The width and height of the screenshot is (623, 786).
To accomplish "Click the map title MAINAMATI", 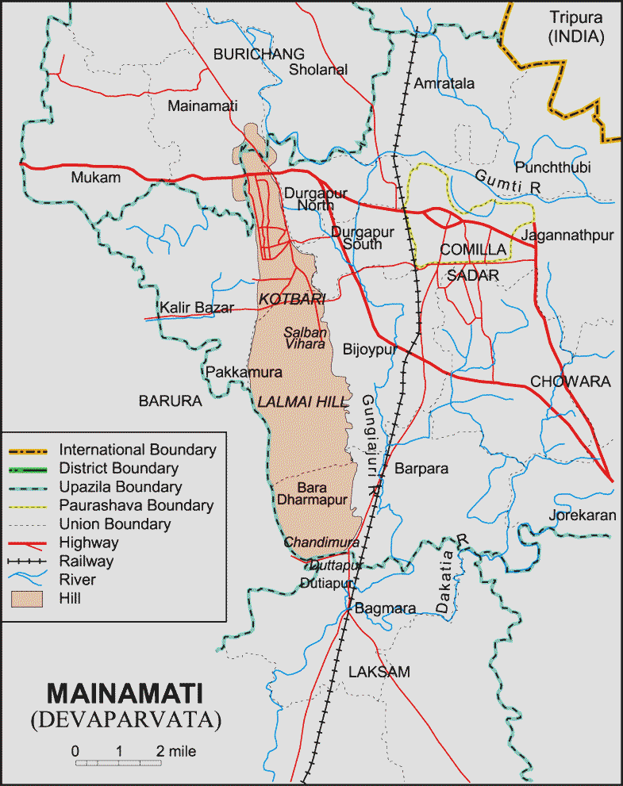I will (x=125, y=692).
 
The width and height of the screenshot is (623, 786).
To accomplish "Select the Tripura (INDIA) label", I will (x=576, y=26).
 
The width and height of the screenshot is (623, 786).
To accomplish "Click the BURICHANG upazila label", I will (x=259, y=54).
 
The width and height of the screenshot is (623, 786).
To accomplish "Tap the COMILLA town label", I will (x=473, y=250).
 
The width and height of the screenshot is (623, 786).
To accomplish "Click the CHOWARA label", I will (x=571, y=381).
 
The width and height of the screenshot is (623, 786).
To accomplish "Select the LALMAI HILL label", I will (x=303, y=402).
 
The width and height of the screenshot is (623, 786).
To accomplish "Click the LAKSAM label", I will (x=379, y=672).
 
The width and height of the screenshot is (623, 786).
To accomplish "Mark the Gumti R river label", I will (x=508, y=180).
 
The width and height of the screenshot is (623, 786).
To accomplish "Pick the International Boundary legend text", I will (x=137, y=449).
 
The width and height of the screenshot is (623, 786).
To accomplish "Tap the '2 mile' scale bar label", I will (x=175, y=750).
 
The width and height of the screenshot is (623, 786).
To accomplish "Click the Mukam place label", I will (x=95, y=178).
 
